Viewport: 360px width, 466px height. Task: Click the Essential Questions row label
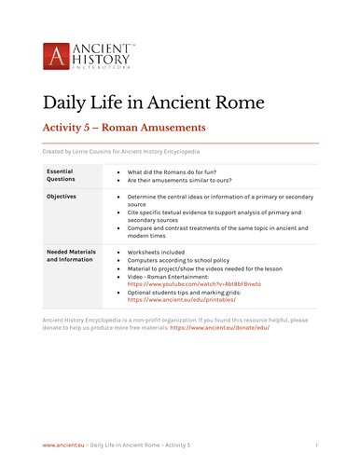[x=65, y=176]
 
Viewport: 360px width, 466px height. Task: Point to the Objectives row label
[x=62, y=198]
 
